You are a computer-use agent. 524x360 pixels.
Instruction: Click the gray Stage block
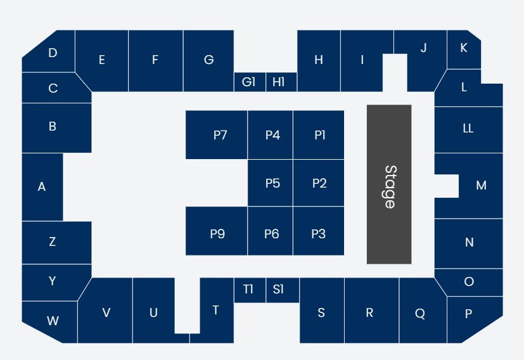[x=389, y=184]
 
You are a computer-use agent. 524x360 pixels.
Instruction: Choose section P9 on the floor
[x=217, y=234]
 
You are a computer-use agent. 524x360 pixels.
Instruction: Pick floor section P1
[x=319, y=135]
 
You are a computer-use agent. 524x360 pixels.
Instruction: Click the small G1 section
[x=249, y=82]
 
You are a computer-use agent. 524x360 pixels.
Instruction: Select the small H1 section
[x=279, y=82]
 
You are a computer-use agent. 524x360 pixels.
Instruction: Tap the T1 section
[x=249, y=290]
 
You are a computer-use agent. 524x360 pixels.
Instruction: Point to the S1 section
[x=279, y=290]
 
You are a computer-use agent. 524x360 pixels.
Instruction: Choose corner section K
[x=463, y=48]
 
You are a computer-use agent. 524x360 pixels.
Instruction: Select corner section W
[x=52, y=321]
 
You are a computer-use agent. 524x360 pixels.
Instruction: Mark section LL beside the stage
[x=468, y=129]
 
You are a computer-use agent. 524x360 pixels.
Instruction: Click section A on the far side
[x=42, y=187]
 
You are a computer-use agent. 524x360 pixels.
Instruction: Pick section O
[x=470, y=282]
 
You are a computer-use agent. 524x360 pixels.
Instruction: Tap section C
[x=53, y=89]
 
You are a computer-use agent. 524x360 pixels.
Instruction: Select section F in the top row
[x=155, y=60]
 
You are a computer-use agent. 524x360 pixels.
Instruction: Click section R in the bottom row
[x=369, y=312]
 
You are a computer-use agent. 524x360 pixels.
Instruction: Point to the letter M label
[x=481, y=186]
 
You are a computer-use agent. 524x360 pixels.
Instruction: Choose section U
[x=153, y=312]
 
